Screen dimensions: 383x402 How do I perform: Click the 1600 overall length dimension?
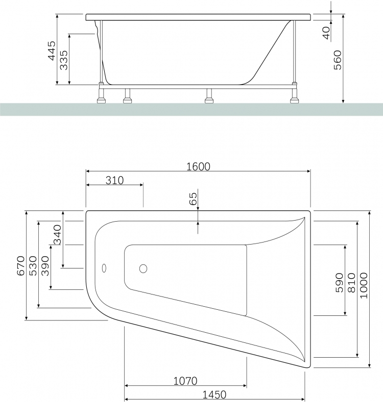point(198,167)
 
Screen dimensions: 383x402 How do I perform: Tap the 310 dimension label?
point(114,180)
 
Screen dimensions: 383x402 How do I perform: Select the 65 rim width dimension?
point(193,199)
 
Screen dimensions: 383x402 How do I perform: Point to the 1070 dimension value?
point(185,381)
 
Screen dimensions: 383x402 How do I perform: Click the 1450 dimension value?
point(214,395)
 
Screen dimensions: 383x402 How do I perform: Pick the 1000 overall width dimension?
point(364,286)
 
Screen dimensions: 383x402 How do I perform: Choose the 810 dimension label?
point(351,283)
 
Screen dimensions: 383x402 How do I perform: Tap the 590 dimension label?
point(339,283)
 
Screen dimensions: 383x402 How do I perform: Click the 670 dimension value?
point(21,266)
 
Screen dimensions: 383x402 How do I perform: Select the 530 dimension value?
point(33,266)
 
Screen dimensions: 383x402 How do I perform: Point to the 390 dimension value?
point(45,266)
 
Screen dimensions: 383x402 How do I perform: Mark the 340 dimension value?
point(57,234)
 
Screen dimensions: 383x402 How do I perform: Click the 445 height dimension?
point(52,51)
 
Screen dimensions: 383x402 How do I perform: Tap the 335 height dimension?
point(64,60)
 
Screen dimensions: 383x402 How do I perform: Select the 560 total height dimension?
point(338,60)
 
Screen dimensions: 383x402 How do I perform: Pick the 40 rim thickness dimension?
point(326,33)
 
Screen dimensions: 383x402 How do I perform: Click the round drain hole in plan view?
point(143,269)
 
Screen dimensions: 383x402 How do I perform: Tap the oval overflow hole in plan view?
point(104,268)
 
